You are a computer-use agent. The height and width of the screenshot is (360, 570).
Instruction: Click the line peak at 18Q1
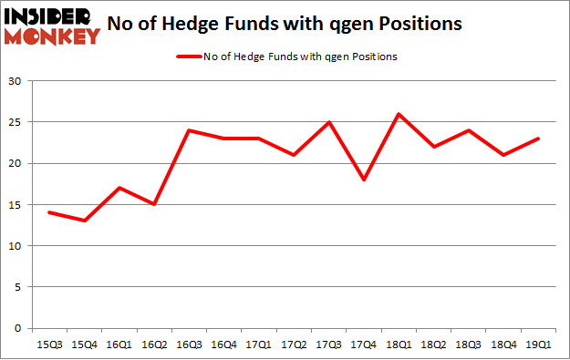tap(399, 114)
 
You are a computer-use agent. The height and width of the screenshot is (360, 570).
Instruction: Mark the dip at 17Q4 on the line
tap(363, 180)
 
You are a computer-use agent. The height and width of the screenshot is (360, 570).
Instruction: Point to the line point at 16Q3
tap(189, 130)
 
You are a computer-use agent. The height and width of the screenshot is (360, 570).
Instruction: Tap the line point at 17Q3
tap(328, 122)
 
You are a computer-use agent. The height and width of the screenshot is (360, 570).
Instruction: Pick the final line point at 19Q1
tap(538, 139)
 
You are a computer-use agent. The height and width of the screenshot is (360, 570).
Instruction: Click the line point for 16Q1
tap(119, 188)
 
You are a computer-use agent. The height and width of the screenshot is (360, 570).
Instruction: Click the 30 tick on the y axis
tap(16, 81)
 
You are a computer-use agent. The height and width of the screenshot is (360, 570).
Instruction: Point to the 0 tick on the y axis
tap(18, 328)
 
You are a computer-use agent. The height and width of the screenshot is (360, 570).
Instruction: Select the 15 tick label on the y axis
tap(16, 205)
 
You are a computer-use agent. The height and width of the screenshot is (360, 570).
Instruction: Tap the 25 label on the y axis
tap(16, 122)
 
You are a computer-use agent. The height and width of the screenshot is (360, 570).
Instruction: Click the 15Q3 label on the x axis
tap(50, 344)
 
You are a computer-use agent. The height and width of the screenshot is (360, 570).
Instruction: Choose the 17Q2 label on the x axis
tap(294, 344)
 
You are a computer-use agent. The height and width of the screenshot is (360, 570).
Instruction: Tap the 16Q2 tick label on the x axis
tap(154, 344)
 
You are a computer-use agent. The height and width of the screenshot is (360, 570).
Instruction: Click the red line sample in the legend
tap(188, 57)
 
